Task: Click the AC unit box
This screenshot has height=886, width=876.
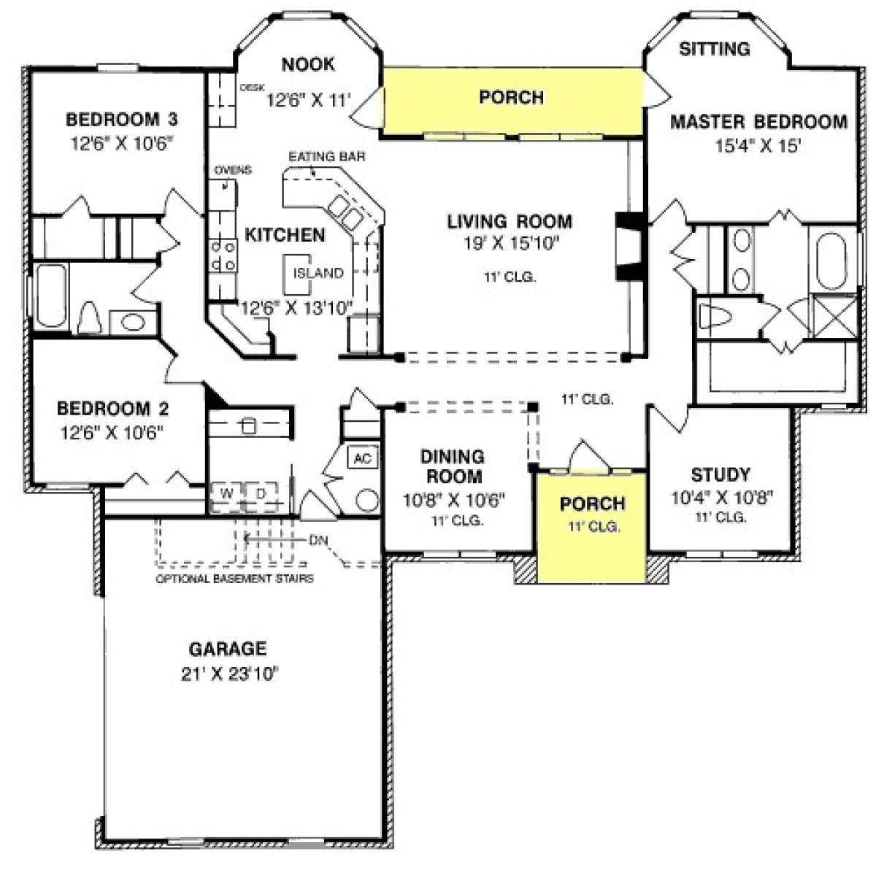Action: (362, 458)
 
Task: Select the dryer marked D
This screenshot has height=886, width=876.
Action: (261, 496)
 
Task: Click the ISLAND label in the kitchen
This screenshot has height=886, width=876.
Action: (318, 273)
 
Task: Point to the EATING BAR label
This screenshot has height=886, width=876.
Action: (327, 157)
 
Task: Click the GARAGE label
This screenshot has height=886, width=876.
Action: (228, 649)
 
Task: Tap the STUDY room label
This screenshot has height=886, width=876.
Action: (721, 474)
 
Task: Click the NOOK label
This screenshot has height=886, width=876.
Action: (308, 64)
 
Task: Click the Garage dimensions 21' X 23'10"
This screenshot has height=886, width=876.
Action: (230, 674)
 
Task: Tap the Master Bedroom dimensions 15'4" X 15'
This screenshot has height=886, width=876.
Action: (758, 146)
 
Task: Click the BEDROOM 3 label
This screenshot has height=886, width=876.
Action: (121, 120)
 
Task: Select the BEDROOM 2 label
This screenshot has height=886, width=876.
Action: (112, 408)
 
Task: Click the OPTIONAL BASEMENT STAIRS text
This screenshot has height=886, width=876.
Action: (234, 579)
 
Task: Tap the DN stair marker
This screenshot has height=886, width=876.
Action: (318, 540)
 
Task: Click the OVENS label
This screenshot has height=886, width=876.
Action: (233, 170)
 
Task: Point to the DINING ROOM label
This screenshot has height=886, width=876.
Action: (453, 466)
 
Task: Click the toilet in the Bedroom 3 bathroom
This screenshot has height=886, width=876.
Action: (89, 317)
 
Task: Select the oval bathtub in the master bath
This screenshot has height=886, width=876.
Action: (831, 261)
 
